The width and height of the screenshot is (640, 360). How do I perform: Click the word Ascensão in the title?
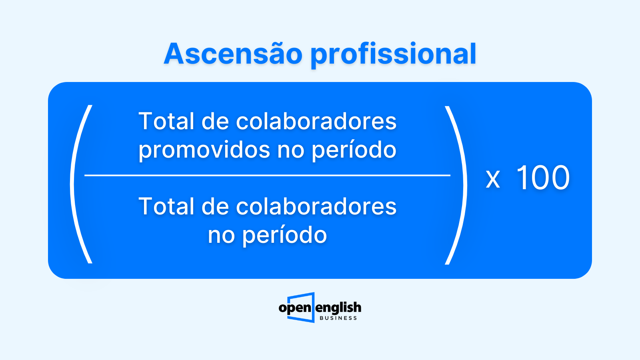click(x=233, y=54)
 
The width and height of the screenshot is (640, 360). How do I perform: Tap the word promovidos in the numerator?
click(x=204, y=150)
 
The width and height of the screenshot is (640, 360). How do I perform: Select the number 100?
click(x=543, y=178)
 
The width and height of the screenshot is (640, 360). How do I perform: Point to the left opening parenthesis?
click(x=81, y=184)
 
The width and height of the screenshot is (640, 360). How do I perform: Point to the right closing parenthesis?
click(x=456, y=185)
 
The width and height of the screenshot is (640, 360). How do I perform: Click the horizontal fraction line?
click(x=268, y=175)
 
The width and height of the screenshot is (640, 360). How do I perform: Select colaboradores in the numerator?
click(x=316, y=121)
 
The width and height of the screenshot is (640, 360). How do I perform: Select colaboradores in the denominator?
click(x=316, y=206)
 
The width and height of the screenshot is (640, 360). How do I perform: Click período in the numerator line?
click(x=354, y=150)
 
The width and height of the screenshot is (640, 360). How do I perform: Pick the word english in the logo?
click(x=338, y=308)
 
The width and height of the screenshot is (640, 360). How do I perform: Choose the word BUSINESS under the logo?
click(x=338, y=318)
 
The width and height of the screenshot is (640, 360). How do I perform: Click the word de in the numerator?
click(x=215, y=121)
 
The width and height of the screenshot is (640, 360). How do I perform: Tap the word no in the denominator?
click(x=222, y=237)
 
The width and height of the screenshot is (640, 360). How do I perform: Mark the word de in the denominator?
click(x=215, y=206)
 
